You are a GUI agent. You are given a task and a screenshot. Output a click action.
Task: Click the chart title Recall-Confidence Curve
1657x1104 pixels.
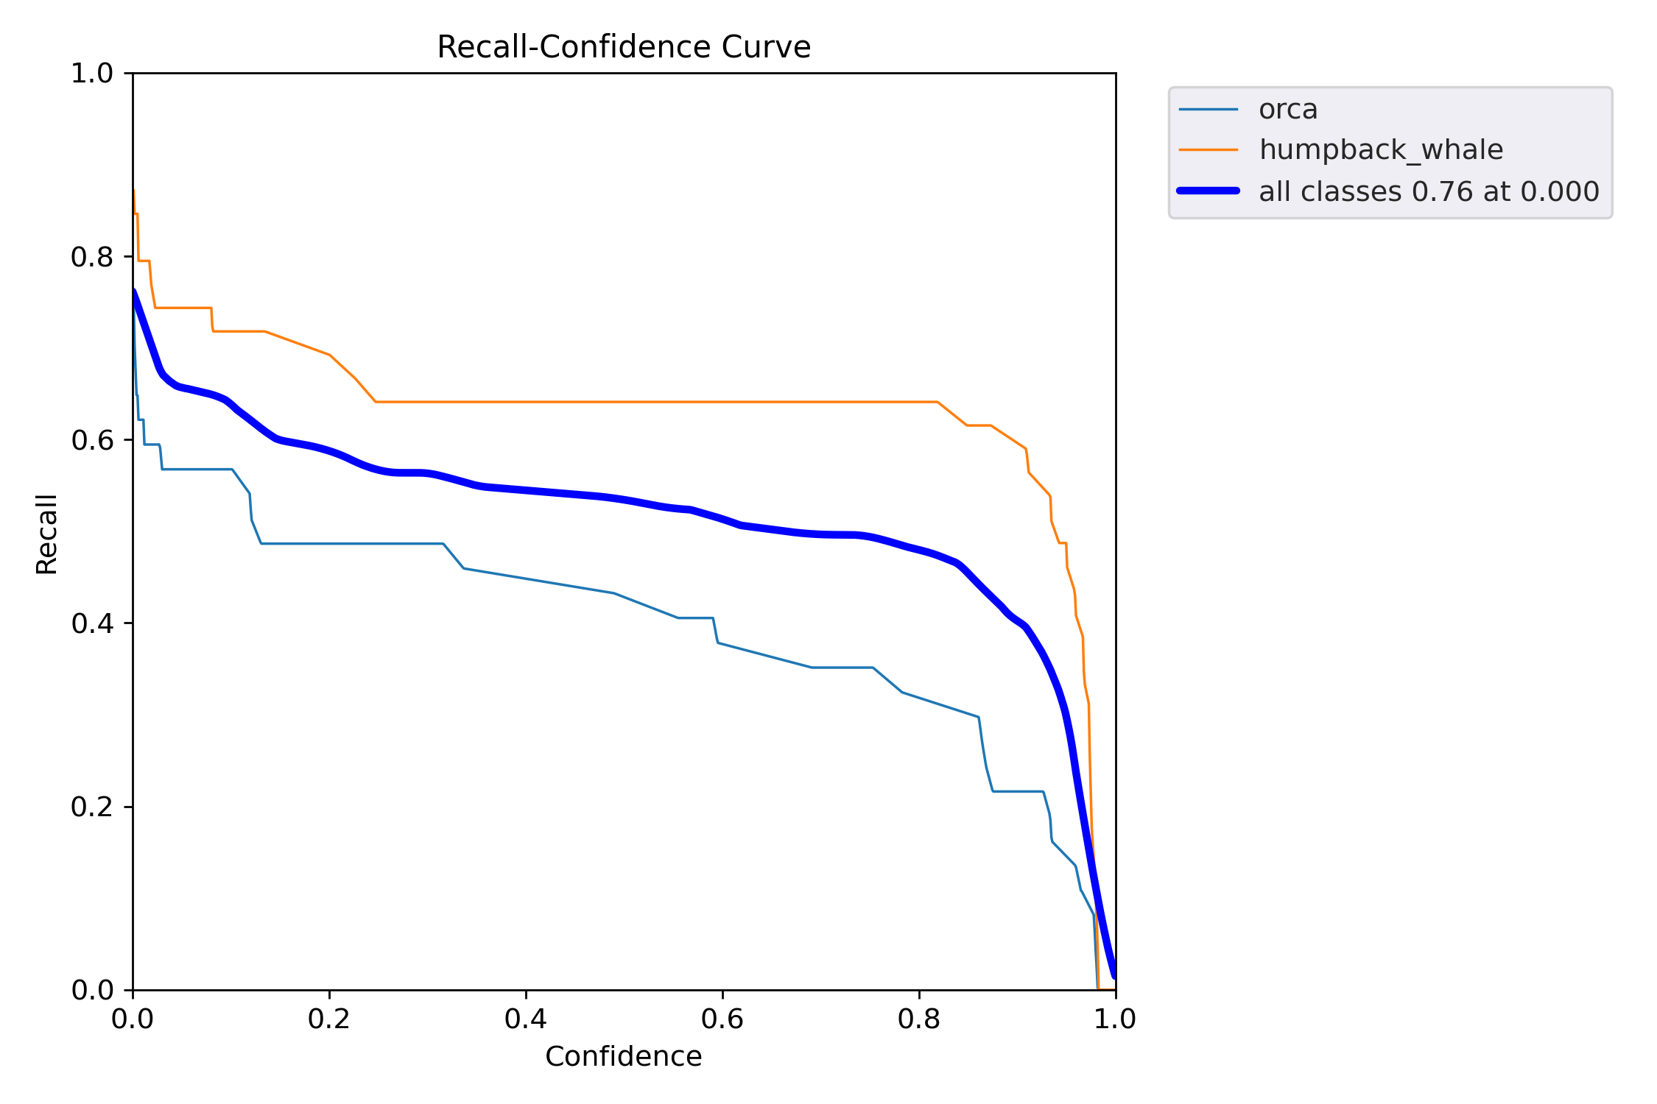[623, 47]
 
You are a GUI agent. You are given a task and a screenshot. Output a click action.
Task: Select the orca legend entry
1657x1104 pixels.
[1287, 110]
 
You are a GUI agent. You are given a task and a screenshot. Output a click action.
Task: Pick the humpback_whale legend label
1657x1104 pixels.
[1380, 150]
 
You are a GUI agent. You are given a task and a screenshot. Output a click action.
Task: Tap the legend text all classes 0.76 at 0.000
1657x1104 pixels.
[1429, 191]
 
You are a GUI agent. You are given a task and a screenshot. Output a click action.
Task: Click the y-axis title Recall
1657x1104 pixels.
[46, 534]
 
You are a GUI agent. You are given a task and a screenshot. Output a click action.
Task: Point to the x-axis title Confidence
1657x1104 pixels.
[623, 1056]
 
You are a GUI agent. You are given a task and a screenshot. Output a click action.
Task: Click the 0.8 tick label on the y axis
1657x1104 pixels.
[92, 257]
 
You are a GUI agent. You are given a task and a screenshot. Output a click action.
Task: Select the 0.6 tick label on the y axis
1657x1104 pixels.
[92, 440]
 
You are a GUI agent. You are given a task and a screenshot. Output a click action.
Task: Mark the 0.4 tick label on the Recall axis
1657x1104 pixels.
[92, 623]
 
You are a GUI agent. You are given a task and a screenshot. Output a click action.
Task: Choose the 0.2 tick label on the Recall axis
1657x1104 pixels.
[92, 807]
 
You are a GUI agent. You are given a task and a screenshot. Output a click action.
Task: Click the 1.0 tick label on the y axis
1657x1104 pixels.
[92, 74]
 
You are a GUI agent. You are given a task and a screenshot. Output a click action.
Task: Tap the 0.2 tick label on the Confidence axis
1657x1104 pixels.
[329, 1019]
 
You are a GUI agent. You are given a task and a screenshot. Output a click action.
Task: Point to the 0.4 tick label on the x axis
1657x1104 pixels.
[526, 1019]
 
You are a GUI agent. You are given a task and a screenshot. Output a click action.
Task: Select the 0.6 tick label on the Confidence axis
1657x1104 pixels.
[722, 1019]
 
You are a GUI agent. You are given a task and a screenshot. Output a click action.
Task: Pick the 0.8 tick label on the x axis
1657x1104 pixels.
[919, 1019]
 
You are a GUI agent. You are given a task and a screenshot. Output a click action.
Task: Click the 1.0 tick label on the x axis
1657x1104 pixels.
[1115, 1019]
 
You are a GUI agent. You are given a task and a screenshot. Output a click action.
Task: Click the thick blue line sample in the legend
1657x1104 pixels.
[1208, 191]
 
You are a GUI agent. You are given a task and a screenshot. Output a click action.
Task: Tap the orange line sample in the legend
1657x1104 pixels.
[1208, 150]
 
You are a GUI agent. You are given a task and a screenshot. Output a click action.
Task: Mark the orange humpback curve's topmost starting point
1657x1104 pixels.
[133, 191]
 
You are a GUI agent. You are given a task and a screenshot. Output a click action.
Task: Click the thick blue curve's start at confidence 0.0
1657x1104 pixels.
[134, 291]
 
